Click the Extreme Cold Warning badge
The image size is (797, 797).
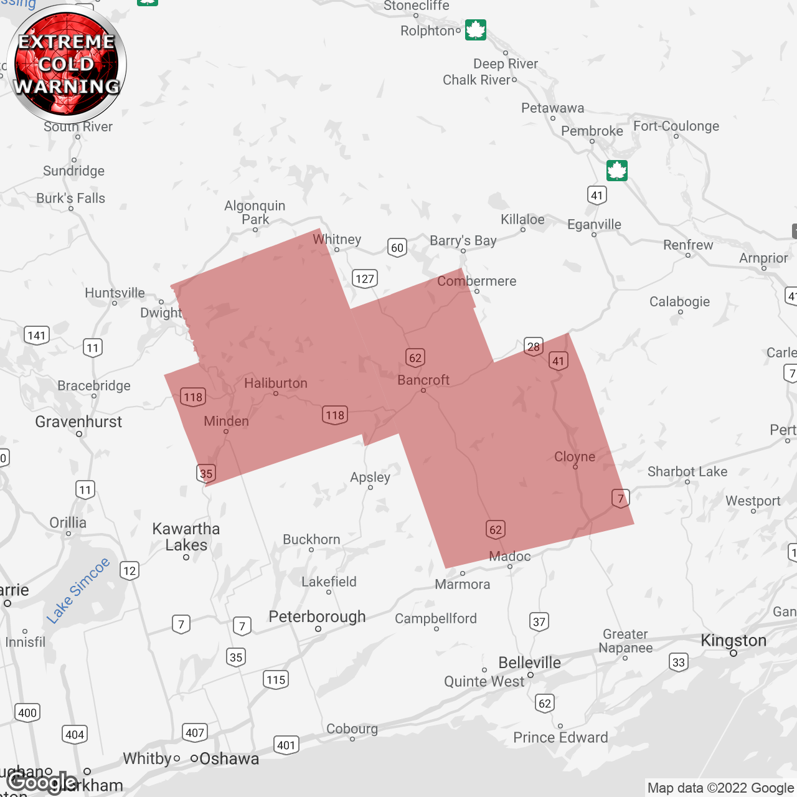coord(67,64)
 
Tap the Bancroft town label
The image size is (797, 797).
coord(423,380)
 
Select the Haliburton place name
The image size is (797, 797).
coord(276,383)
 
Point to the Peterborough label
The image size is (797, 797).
coord(317,616)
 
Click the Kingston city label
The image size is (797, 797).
coord(733,640)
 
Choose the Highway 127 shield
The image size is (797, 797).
coord(365,278)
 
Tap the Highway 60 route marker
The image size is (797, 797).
coord(397,248)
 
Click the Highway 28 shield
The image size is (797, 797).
coord(534,347)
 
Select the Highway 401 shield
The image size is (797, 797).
coord(286,745)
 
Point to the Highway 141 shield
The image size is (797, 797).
coord(37,336)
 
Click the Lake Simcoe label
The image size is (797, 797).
coord(78,590)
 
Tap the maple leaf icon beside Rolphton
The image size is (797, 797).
coord(476,30)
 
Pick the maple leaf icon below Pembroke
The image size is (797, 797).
coord(617,170)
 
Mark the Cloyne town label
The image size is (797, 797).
coord(575,456)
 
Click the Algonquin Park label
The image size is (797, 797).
coord(255,212)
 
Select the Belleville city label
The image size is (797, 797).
coord(529,663)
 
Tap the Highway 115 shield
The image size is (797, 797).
coord(276,679)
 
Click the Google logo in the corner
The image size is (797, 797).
coord(42,782)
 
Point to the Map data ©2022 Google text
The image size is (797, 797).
coord(720,788)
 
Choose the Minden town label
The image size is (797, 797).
coord(226,421)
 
